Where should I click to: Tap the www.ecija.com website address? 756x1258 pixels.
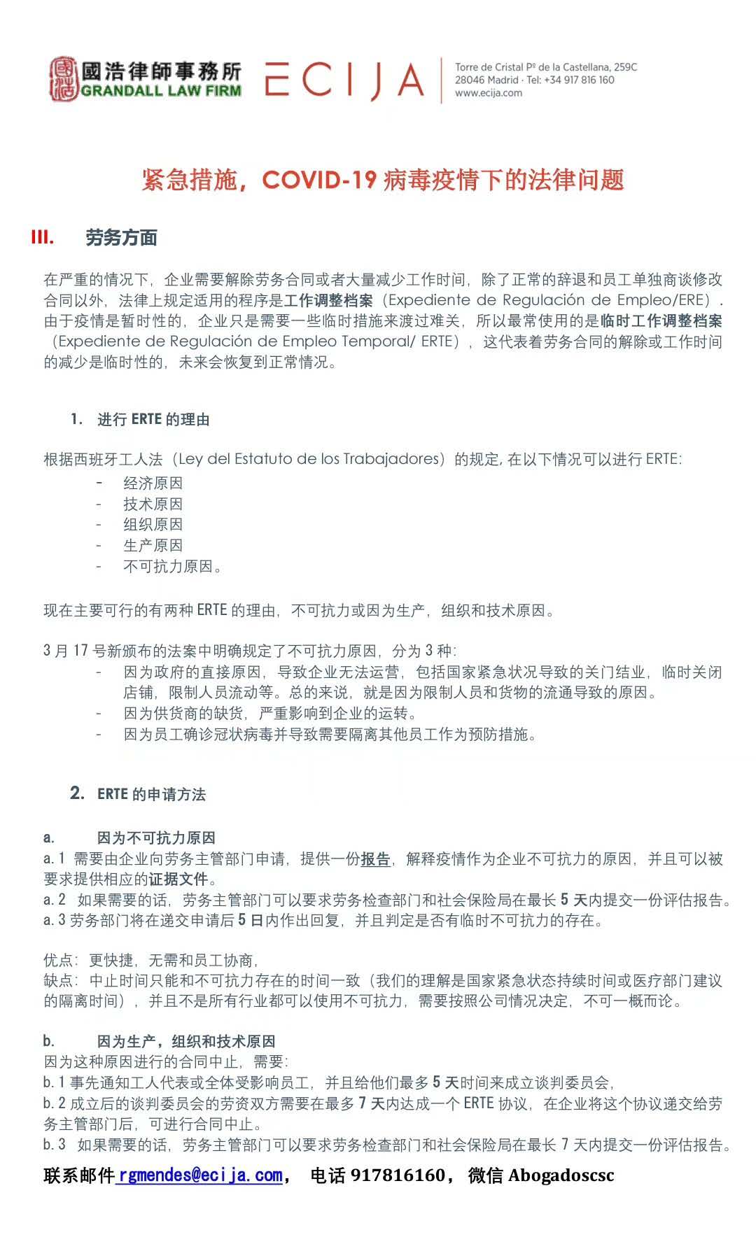488,93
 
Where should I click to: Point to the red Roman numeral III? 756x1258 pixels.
43,238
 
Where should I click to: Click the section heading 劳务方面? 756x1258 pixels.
121,238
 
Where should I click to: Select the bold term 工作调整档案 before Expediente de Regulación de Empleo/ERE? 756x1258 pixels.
328,301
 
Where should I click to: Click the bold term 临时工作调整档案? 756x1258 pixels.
661,321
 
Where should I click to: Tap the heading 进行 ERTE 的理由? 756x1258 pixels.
153,420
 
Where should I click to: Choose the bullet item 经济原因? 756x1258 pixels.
153,483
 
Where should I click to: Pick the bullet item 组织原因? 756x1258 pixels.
153,525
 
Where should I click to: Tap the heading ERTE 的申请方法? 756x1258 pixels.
151,794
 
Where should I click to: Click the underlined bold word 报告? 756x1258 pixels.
375,859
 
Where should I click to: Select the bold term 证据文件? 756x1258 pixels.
178,879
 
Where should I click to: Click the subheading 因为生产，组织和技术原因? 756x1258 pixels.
186,1042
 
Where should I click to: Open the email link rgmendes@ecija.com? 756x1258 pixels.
199,1175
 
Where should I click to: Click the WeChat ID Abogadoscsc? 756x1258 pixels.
561,1175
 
